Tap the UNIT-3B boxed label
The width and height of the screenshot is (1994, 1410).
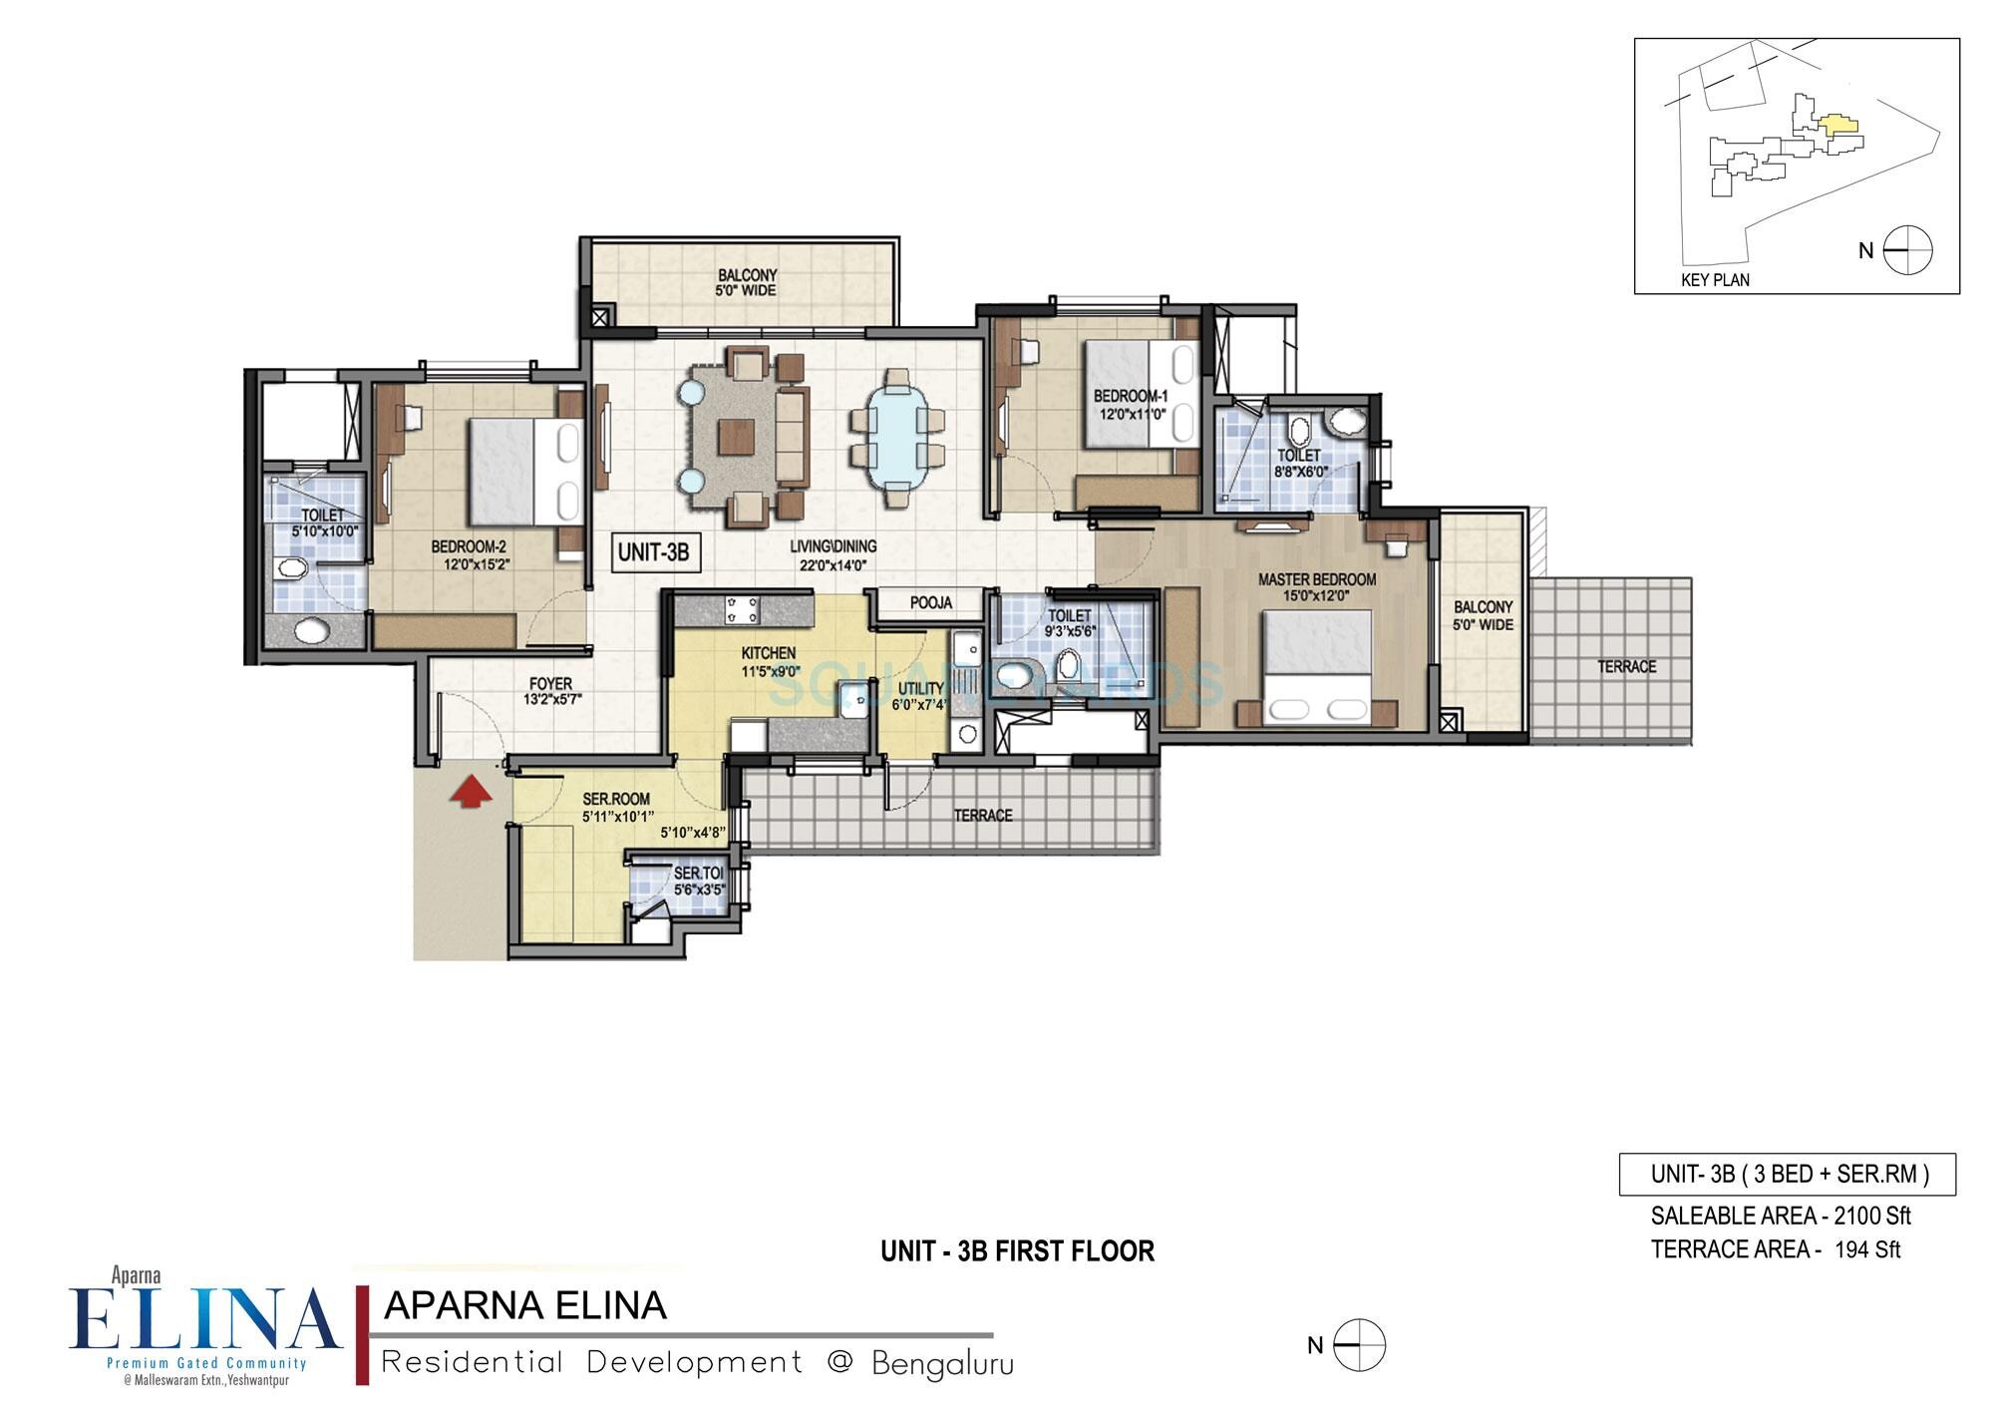pos(653,551)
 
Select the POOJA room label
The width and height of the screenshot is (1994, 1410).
pos(930,602)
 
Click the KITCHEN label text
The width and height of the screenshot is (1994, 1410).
pos(768,653)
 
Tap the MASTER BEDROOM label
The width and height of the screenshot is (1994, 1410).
pos(1316,579)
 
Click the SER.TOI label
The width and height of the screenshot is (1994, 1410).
pos(698,874)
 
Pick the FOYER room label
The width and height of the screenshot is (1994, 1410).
pos(550,684)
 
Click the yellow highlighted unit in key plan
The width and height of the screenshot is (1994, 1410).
pos(1837,126)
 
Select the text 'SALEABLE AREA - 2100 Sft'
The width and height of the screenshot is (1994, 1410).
pos(1780,1216)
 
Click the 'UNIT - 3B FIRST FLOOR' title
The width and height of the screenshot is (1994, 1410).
pos(1017,1250)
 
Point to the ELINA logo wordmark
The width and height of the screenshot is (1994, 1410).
pos(204,1318)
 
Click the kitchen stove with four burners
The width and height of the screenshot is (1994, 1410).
pos(742,610)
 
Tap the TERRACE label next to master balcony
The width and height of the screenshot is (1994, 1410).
pos(1626,666)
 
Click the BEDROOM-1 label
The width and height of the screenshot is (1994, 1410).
pos(1130,396)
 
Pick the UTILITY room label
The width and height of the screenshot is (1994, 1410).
pos(920,688)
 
